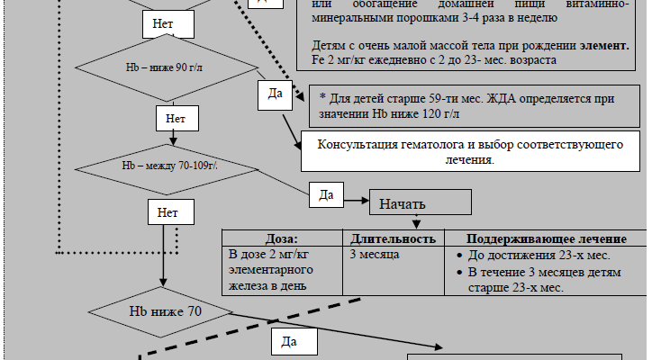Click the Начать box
[419, 202]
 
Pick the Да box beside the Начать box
[327, 193]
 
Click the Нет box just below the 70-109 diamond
[168, 213]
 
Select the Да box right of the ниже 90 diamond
[276, 93]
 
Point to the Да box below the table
[289, 342]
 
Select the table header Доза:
[282, 238]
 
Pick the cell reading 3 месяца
[374, 255]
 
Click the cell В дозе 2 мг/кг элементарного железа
[270, 270]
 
